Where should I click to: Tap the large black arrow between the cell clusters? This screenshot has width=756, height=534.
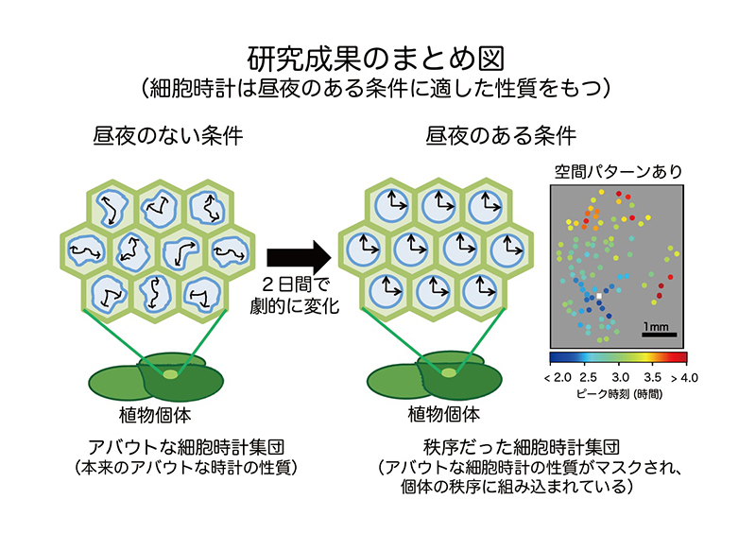click(297, 256)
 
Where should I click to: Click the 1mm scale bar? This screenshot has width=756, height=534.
click(658, 334)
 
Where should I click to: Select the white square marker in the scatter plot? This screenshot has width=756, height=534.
click(598, 297)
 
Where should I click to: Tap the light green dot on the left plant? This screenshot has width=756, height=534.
click(169, 375)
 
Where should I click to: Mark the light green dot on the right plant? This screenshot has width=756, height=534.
click(444, 375)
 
